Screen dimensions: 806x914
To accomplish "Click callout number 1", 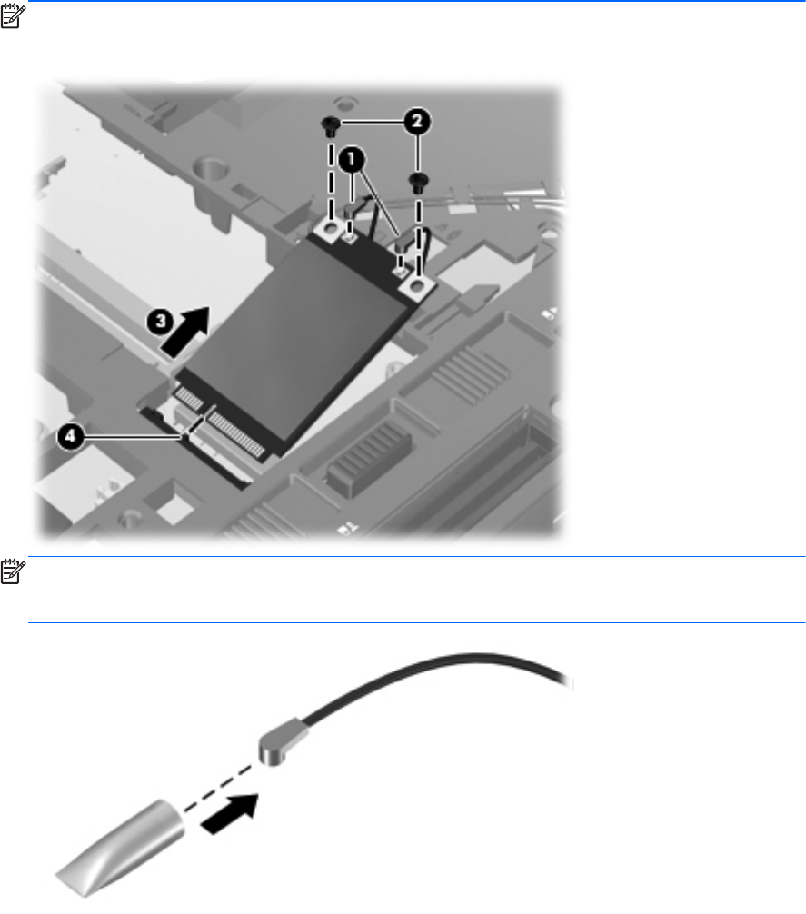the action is click(352, 159).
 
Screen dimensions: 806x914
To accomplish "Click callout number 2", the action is click(417, 122).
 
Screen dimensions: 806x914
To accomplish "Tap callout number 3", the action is click(160, 322).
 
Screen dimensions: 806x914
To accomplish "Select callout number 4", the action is click(70, 436).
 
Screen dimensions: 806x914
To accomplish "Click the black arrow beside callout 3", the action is click(185, 331).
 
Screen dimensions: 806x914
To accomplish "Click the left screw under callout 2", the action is click(331, 126).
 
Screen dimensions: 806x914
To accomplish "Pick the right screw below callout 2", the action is click(417, 182).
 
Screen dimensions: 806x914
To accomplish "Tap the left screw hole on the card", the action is click(331, 228).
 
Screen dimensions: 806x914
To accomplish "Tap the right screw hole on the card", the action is click(417, 285).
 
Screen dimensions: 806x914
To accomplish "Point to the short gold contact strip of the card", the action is click(189, 398).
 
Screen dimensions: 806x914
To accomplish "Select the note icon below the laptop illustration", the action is click(13, 571).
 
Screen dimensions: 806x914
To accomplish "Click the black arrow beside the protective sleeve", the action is click(230, 814).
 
